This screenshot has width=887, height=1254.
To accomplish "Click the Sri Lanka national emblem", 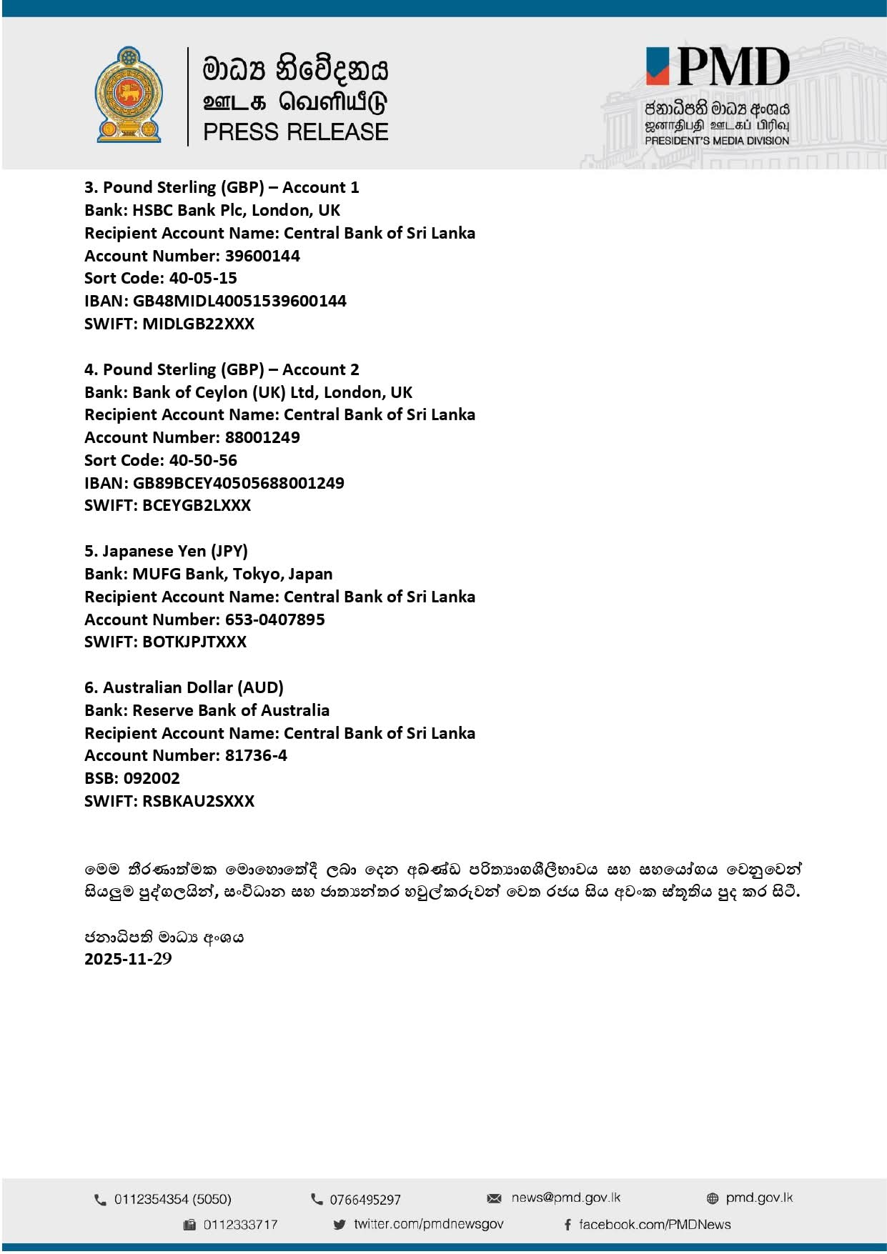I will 129,94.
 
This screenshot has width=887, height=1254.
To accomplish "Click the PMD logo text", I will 732,68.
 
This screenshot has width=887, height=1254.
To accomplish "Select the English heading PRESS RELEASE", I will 295,132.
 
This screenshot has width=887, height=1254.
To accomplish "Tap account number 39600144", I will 262,256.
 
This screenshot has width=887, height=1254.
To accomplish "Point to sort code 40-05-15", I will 203,278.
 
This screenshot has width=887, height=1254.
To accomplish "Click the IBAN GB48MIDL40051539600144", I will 239,301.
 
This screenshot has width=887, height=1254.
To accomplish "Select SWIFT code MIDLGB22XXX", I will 198,324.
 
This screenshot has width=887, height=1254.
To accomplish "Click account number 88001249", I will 262,437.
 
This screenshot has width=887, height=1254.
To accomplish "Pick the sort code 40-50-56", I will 203,460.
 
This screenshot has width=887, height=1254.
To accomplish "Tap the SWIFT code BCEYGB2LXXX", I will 197,505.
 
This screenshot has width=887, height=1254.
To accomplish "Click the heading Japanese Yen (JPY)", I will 166,551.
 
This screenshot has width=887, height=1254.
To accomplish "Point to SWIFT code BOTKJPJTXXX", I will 194,642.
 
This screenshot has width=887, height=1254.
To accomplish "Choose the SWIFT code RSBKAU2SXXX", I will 198,801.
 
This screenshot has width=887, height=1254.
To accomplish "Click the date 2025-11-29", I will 128,959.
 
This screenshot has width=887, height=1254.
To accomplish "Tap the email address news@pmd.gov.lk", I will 565,1198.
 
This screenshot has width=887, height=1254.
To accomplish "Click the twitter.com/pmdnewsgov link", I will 428,1224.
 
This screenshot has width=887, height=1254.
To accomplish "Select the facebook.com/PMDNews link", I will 654,1225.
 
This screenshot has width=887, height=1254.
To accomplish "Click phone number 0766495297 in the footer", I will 365,1200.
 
